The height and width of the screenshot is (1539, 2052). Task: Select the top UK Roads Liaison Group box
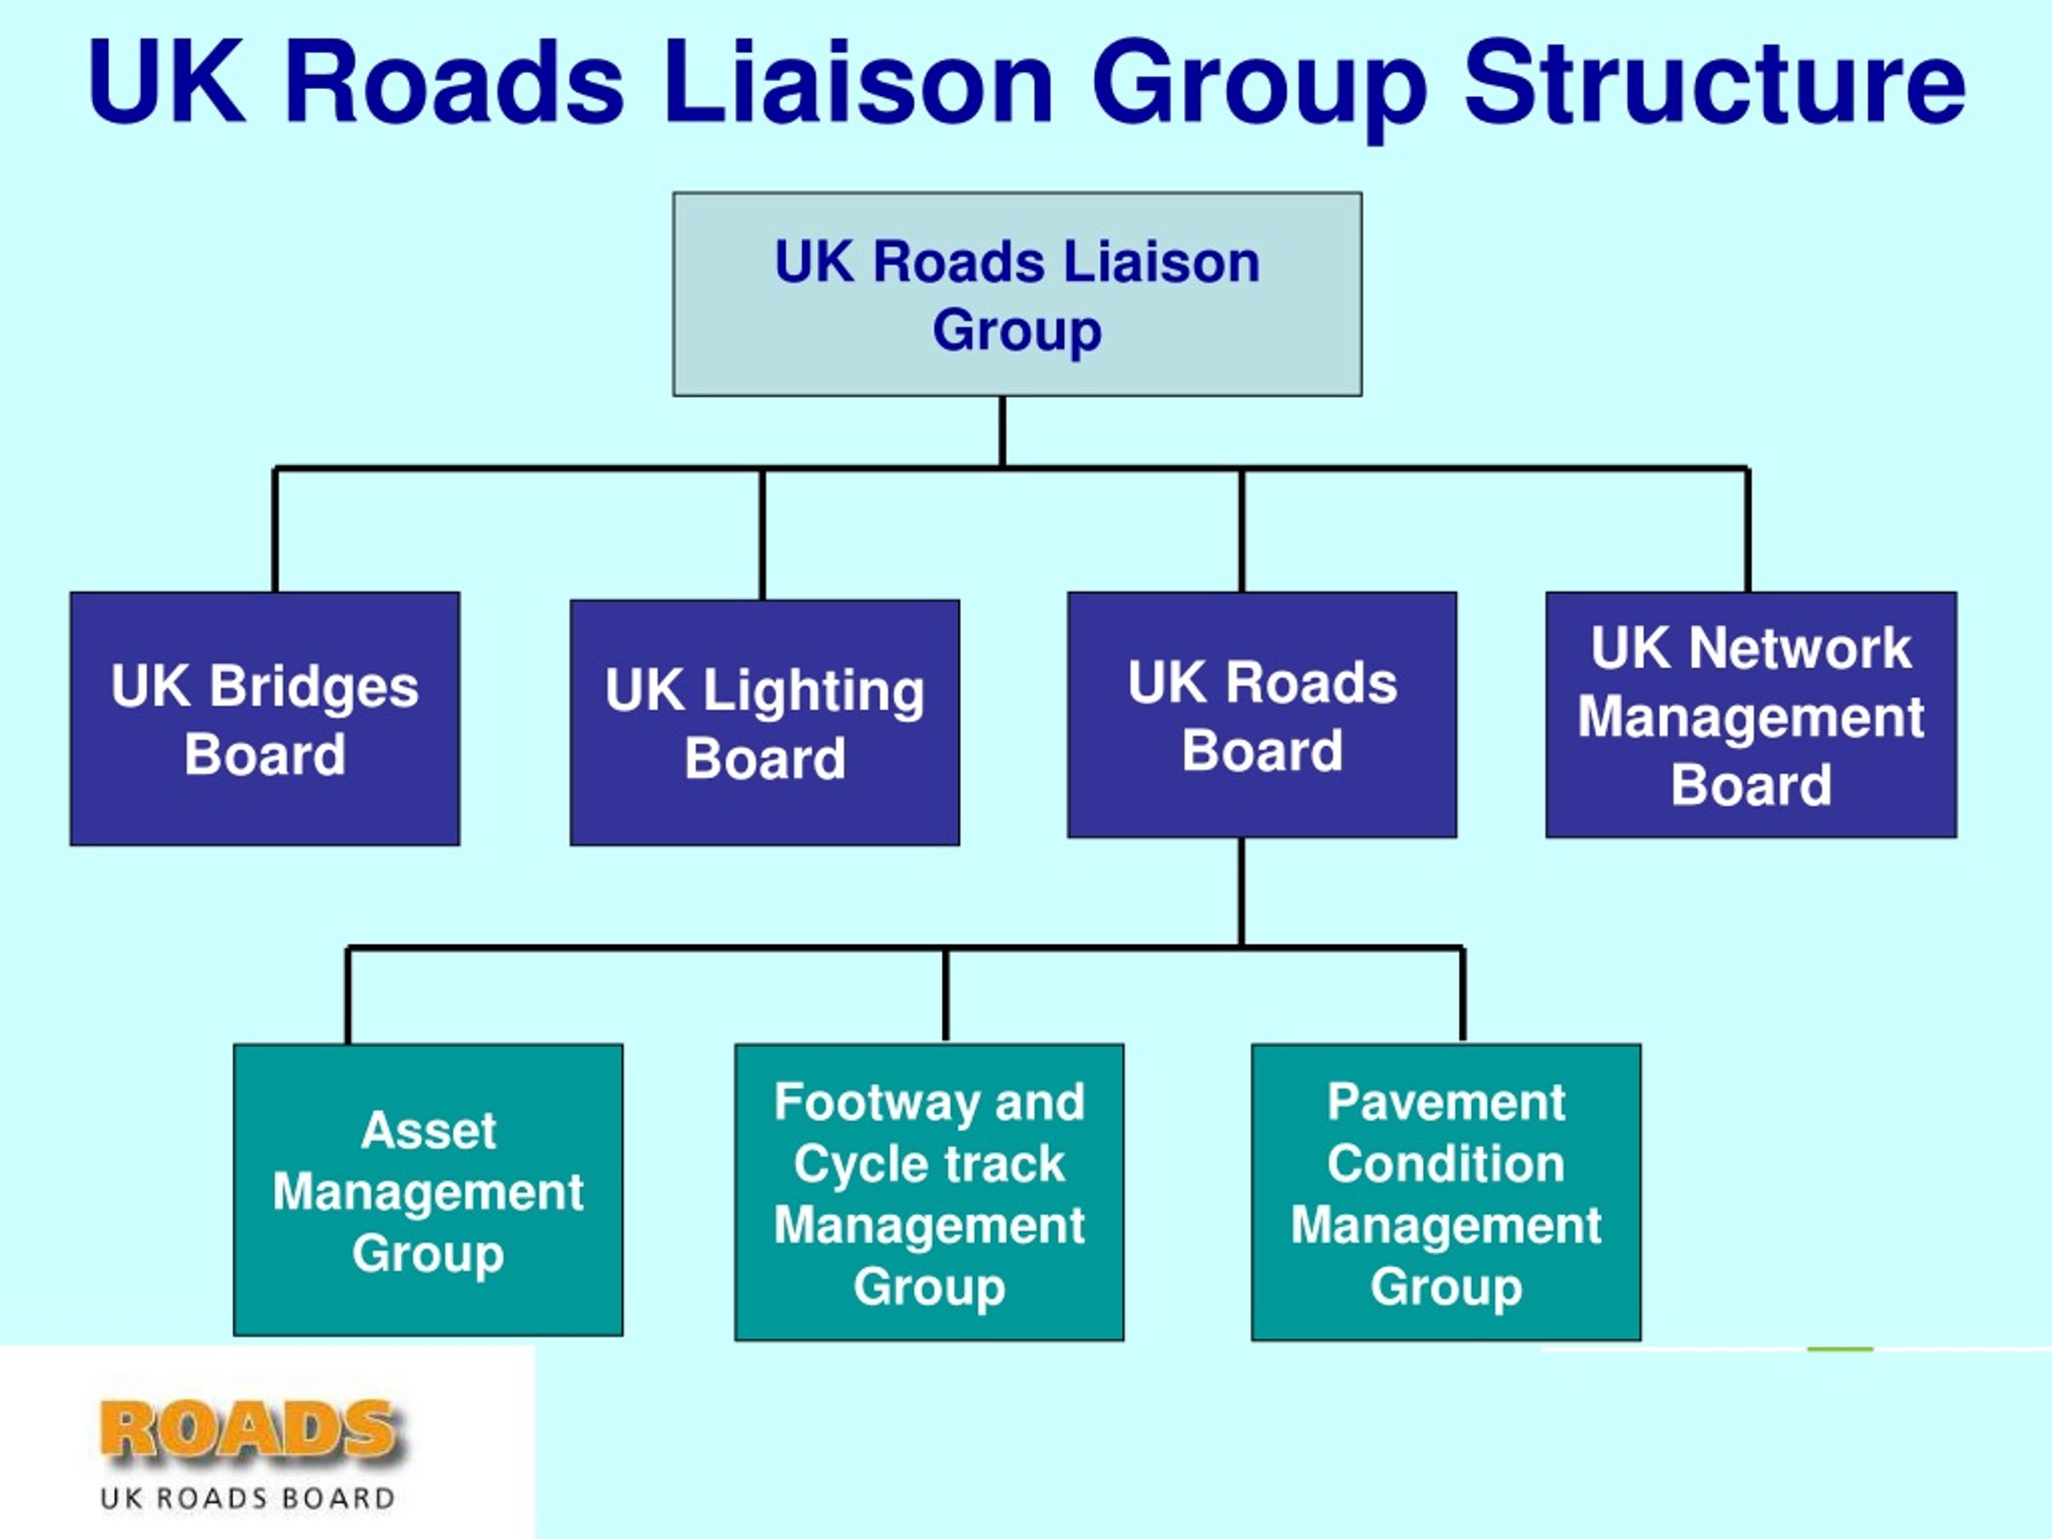coord(1018,294)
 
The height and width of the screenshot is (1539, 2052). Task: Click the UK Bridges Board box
coord(265,719)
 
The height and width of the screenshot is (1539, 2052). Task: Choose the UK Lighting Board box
coord(765,723)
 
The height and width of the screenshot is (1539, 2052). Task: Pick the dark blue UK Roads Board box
coord(1262,715)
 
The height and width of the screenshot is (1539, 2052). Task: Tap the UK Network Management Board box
coord(1751,715)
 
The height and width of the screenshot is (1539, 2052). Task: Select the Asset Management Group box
coord(429,1190)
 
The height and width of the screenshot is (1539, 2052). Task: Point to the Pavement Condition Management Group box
coord(1446,1193)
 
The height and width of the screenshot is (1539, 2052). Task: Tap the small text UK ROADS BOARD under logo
coord(248,1498)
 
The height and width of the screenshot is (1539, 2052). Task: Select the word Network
coord(1800,648)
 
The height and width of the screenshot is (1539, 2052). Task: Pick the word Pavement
coord(1446,1102)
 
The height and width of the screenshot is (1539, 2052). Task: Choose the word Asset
coord(429,1130)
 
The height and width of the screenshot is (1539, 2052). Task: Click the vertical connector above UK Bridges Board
coord(276,531)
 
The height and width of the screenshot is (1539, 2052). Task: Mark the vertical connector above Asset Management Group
coord(348,996)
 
